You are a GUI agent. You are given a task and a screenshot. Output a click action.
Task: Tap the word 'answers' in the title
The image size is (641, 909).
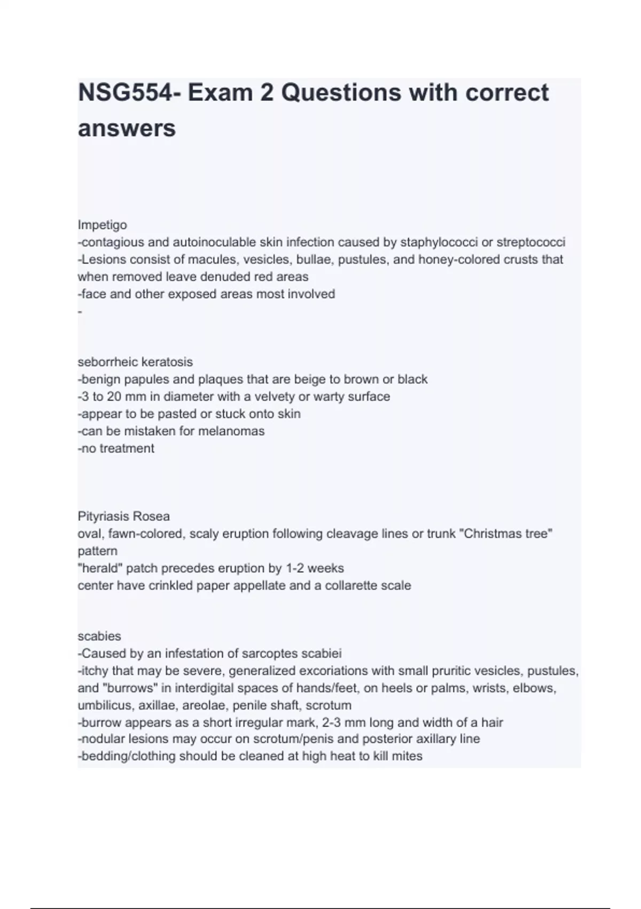(x=127, y=128)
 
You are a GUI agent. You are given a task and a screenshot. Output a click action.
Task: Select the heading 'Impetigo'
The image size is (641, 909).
(x=102, y=225)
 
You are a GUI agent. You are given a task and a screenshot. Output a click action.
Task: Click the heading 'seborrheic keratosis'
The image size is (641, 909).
(x=135, y=362)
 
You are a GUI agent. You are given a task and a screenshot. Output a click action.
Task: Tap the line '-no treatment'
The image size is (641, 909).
(x=116, y=448)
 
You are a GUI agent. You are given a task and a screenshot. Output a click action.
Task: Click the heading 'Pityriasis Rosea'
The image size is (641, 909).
(x=124, y=517)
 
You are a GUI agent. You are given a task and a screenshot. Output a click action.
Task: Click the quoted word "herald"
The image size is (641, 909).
(x=99, y=568)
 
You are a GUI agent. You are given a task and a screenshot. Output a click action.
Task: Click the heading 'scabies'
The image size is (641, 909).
(x=99, y=636)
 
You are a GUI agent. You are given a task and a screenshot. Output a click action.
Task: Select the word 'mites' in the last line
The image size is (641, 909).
(x=408, y=756)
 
